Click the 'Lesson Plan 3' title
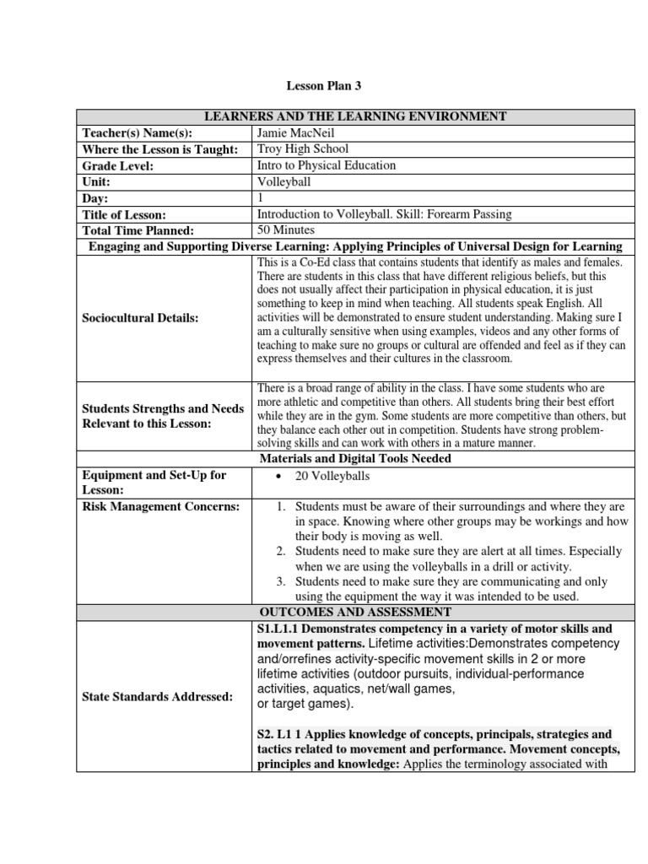[x=324, y=85]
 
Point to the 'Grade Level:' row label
[x=118, y=165]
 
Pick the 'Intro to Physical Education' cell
[x=326, y=165]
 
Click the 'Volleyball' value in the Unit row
[x=283, y=181]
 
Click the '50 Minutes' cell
[x=285, y=229]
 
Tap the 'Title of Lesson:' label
[x=124, y=214]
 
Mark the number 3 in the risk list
[x=281, y=582]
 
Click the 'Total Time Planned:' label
[x=138, y=229]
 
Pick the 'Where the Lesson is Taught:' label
[x=159, y=149]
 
